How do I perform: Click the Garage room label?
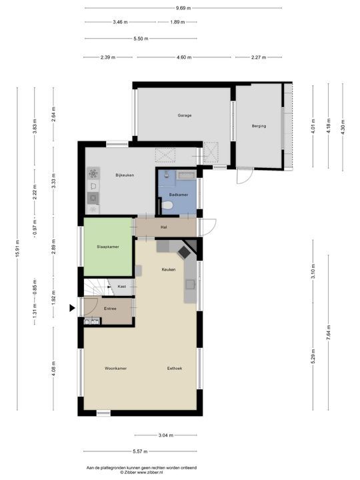[x=185, y=115]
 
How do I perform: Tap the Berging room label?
[x=259, y=126]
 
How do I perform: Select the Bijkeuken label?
[x=125, y=175]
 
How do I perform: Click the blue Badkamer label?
[x=179, y=195]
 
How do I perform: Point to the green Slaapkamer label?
[x=108, y=247]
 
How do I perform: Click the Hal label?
[x=164, y=227]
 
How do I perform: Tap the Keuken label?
[x=169, y=269]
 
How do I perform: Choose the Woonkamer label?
[x=116, y=368]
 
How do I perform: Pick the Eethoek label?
[x=175, y=368]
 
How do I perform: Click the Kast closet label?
[x=122, y=287]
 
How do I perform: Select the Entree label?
[x=110, y=309]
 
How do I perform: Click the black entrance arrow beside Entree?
[x=72, y=308]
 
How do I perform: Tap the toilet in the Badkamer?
[x=167, y=205]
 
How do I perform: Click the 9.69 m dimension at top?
[x=183, y=8]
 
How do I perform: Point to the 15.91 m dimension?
[x=17, y=249]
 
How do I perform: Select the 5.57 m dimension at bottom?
[x=140, y=451]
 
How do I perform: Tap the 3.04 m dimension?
[x=166, y=435]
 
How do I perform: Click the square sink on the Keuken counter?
[x=190, y=285]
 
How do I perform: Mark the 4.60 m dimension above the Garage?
[x=184, y=57]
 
